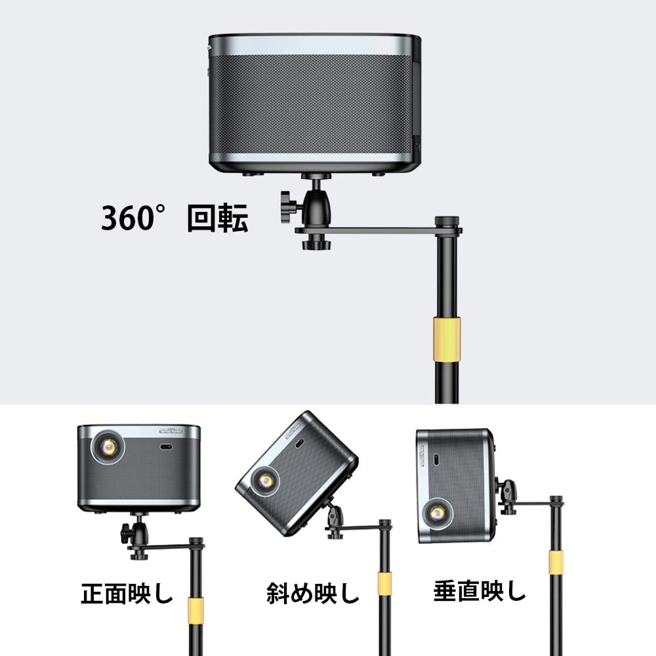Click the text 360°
(x=133, y=218)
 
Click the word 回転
(x=218, y=218)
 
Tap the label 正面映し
(x=127, y=593)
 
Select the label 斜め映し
(x=313, y=593)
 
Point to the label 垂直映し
(x=480, y=591)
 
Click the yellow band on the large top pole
(x=447, y=339)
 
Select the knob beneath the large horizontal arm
(x=316, y=241)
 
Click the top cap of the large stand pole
(x=447, y=221)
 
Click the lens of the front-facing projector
(x=108, y=447)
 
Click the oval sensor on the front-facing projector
(x=166, y=447)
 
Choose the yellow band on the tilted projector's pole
(x=385, y=584)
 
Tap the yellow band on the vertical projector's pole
(x=556, y=562)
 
